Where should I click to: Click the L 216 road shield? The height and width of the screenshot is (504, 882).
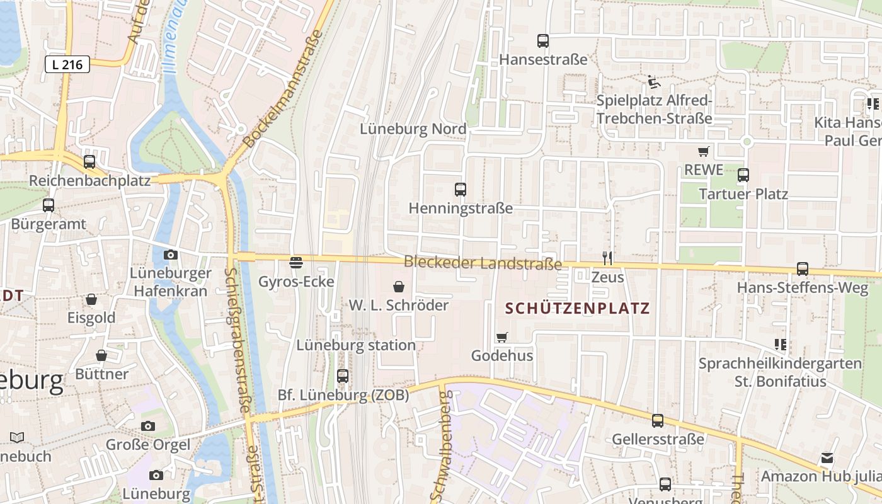tap(67, 64)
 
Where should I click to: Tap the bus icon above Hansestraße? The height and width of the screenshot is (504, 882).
tap(543, 41)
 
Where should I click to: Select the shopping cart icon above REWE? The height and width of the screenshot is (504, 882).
tap(704, 151)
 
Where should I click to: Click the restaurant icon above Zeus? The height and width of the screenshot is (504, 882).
tap(607, 258)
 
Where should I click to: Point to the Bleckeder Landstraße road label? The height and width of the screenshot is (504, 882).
tap(483, 263)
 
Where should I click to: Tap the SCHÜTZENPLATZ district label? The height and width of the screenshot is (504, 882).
tap(578, 309)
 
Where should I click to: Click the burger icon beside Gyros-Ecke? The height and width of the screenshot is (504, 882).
tap(296, 262)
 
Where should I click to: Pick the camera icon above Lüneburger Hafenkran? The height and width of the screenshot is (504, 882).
tap(171, 255)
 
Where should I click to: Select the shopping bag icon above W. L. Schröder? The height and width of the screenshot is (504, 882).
tap(399, 287)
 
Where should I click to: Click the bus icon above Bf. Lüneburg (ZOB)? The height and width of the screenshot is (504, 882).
tap(343, 376)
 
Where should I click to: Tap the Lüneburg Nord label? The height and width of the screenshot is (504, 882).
tap(413, 129)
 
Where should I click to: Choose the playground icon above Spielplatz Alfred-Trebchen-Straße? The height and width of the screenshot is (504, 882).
tap(654, 82)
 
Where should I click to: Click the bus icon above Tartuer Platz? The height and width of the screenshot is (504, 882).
tap(743, 175)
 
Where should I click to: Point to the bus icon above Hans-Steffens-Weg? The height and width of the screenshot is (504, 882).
tap(803, 269)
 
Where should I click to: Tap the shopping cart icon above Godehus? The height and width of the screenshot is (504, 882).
tap(502, 337)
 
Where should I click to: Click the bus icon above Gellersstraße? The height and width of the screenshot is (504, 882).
tap(658, 420)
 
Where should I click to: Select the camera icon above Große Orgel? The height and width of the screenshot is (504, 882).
tap(148, 426)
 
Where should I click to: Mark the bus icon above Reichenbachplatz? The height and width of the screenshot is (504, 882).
tap(89, 162)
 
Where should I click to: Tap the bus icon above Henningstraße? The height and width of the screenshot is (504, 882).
tap(461, 189)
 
